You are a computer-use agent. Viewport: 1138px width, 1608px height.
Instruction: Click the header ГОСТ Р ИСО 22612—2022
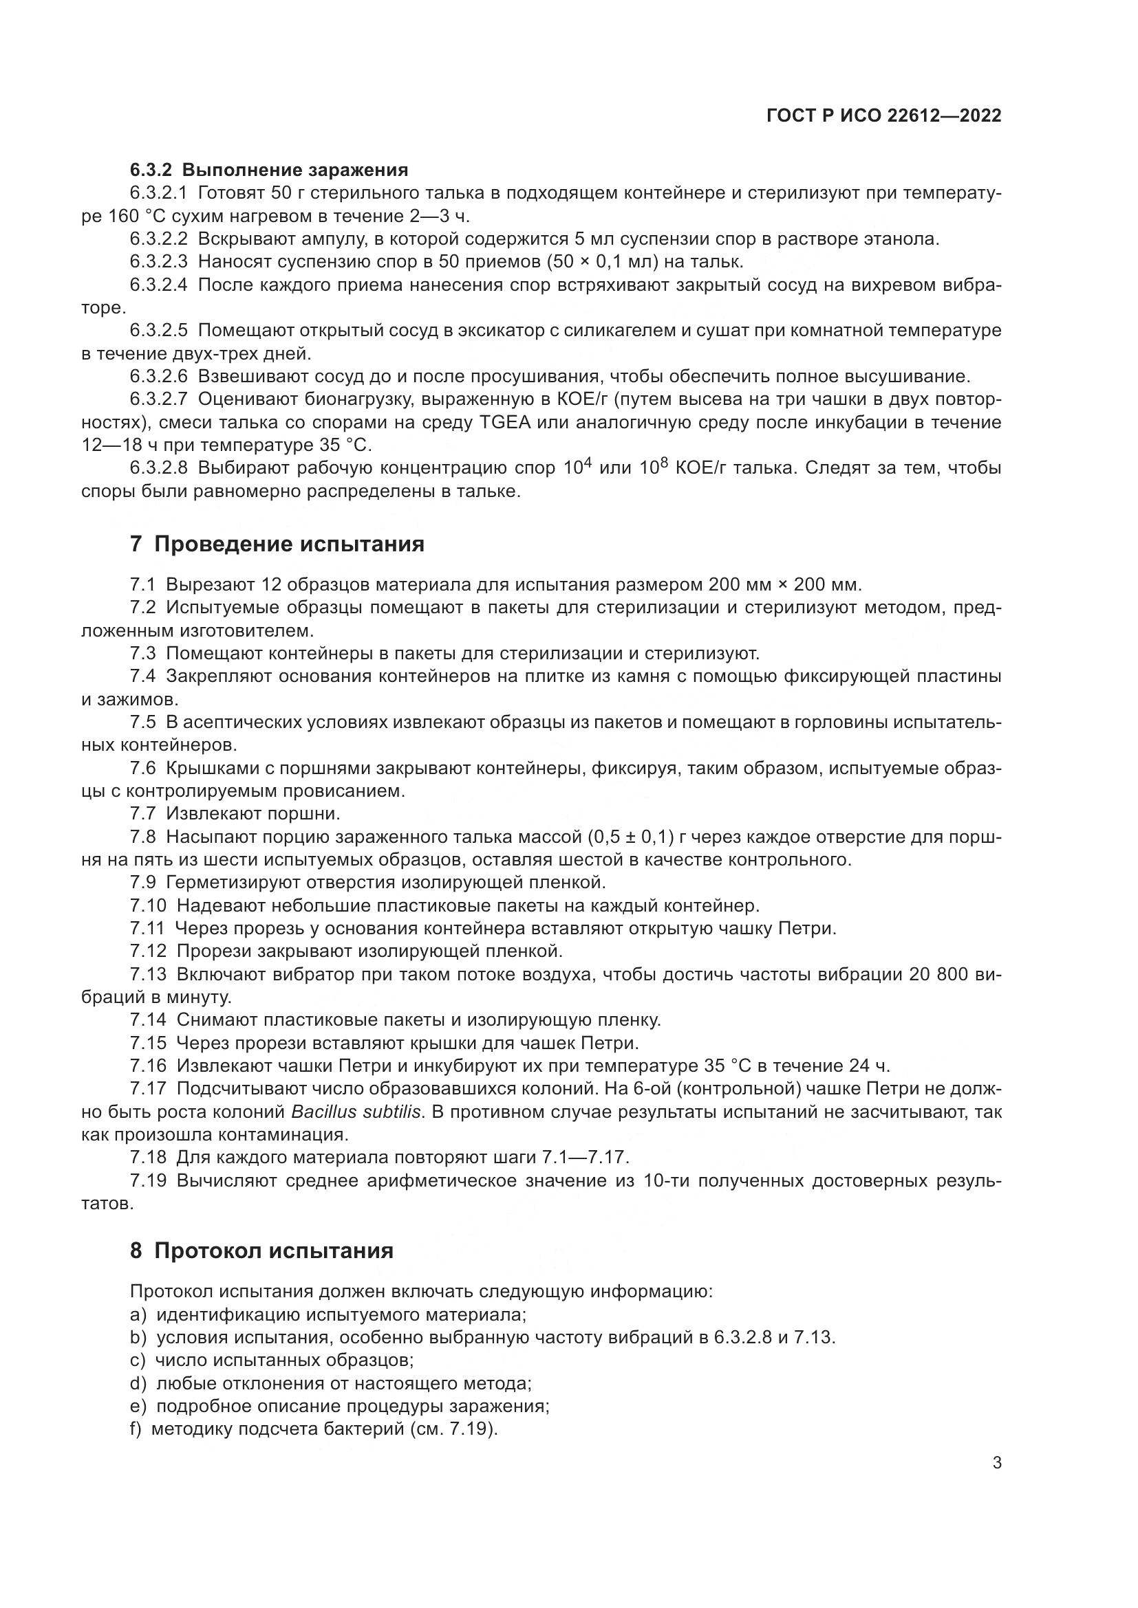pyautogui.click(x=883, y=116)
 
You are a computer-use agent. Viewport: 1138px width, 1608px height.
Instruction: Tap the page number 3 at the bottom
pyautogui.click(x=997, y=1483)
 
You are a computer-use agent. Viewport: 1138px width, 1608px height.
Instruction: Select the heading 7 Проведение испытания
pyautogui.click(x=277, y=544)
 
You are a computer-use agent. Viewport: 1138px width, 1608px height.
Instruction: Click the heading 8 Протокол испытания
pyautogui.click(x=261, y=1251)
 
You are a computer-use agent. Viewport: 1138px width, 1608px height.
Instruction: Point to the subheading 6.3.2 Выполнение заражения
pyautogui.click(x=268, y=170)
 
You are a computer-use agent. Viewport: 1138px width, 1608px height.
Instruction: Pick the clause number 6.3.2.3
pyautogui.click(x=158, y=262)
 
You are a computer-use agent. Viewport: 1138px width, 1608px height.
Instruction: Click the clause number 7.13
pyautogui.click(x=148, y=974)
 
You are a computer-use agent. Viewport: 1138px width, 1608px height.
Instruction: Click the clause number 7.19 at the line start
pyautogui.click(x=148, y=1181)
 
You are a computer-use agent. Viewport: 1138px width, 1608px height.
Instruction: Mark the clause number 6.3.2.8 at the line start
pyautogui.click(x=158, y=468)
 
